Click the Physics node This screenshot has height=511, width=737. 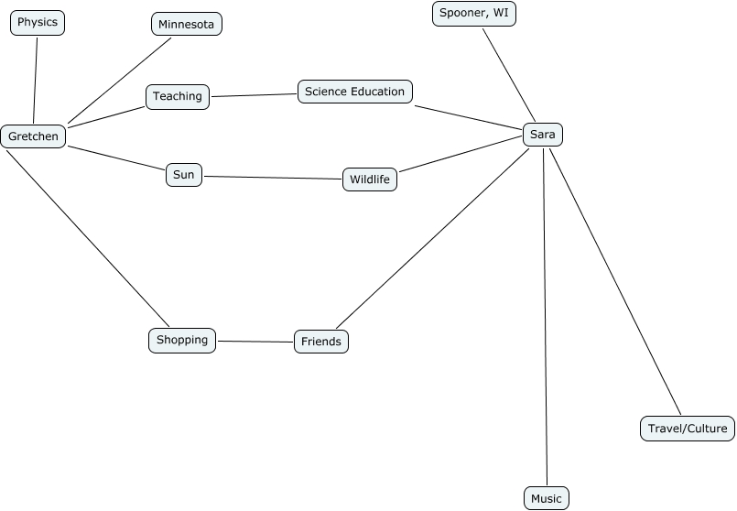[x=38, y=22]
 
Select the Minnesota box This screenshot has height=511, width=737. [x=186, y=24]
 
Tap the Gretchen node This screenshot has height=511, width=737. [x=34, y=136]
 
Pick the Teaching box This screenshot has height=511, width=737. [x=178, y=96]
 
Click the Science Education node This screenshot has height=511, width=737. [x=354, y=92]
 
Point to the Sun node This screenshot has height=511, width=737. [x=184, y=175]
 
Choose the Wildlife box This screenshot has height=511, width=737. [x=370, y=179]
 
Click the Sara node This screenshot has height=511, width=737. [x=543, y=135]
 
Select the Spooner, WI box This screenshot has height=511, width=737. [x=473, y=13]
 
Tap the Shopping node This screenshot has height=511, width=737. [x=182, y=340]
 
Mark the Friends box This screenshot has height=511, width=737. [x=320, y=342]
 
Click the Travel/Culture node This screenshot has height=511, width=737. [x=687, y=428]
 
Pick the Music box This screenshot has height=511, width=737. [x=546, y=498]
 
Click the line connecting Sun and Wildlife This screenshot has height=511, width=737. [x=273, y=178]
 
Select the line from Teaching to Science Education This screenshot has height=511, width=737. [x=254, y=94]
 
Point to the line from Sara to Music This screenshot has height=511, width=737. [x=546, y=311]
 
